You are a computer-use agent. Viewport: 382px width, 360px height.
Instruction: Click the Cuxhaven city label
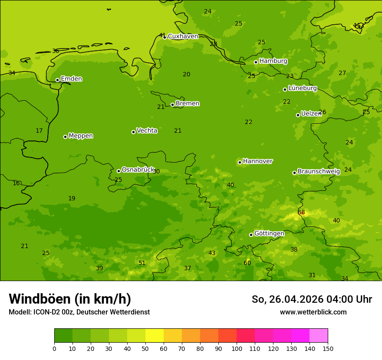(183, 36)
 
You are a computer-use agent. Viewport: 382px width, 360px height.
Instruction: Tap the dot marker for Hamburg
(256, 62)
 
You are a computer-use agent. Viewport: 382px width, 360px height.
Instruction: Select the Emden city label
(71, 79)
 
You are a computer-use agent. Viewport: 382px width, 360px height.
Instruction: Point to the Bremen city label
(187, 104)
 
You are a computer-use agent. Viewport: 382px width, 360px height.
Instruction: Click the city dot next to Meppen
(66, 137)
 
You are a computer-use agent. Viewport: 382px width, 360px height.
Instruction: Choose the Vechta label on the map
(147, 131)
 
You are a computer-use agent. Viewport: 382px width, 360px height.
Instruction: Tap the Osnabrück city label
(138, 170)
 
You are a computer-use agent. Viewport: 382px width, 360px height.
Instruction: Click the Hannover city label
(257, 161)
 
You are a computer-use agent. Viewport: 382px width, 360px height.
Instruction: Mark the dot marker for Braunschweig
(295, 173)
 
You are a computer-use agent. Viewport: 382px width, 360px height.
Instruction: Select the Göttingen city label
(269, 233)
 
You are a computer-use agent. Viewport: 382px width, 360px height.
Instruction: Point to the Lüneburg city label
(302, 88)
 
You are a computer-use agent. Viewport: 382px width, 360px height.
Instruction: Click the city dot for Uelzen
(298, 115)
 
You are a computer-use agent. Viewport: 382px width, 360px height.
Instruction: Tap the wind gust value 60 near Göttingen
(247, 263)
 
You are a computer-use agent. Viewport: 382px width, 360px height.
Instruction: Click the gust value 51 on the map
(142, 263)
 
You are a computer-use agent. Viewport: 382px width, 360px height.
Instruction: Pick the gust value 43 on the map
(212, 253)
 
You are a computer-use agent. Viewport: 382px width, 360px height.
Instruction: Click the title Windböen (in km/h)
(70, 299)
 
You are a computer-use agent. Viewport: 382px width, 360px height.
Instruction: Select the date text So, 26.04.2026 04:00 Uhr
(312, 299)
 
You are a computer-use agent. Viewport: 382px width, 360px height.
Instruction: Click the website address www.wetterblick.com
(313, 312)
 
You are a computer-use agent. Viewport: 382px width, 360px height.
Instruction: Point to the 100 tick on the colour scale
(237, 348)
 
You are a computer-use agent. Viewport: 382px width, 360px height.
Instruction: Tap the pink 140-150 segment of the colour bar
(319, 336)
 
